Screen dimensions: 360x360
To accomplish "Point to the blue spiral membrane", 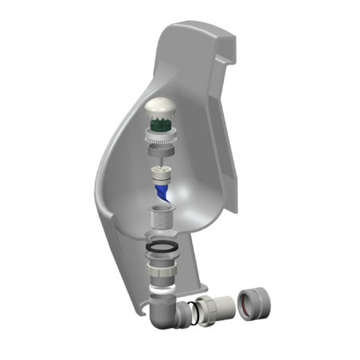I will coord(162,192).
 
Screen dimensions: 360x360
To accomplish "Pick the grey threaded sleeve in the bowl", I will coord(162,218).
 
